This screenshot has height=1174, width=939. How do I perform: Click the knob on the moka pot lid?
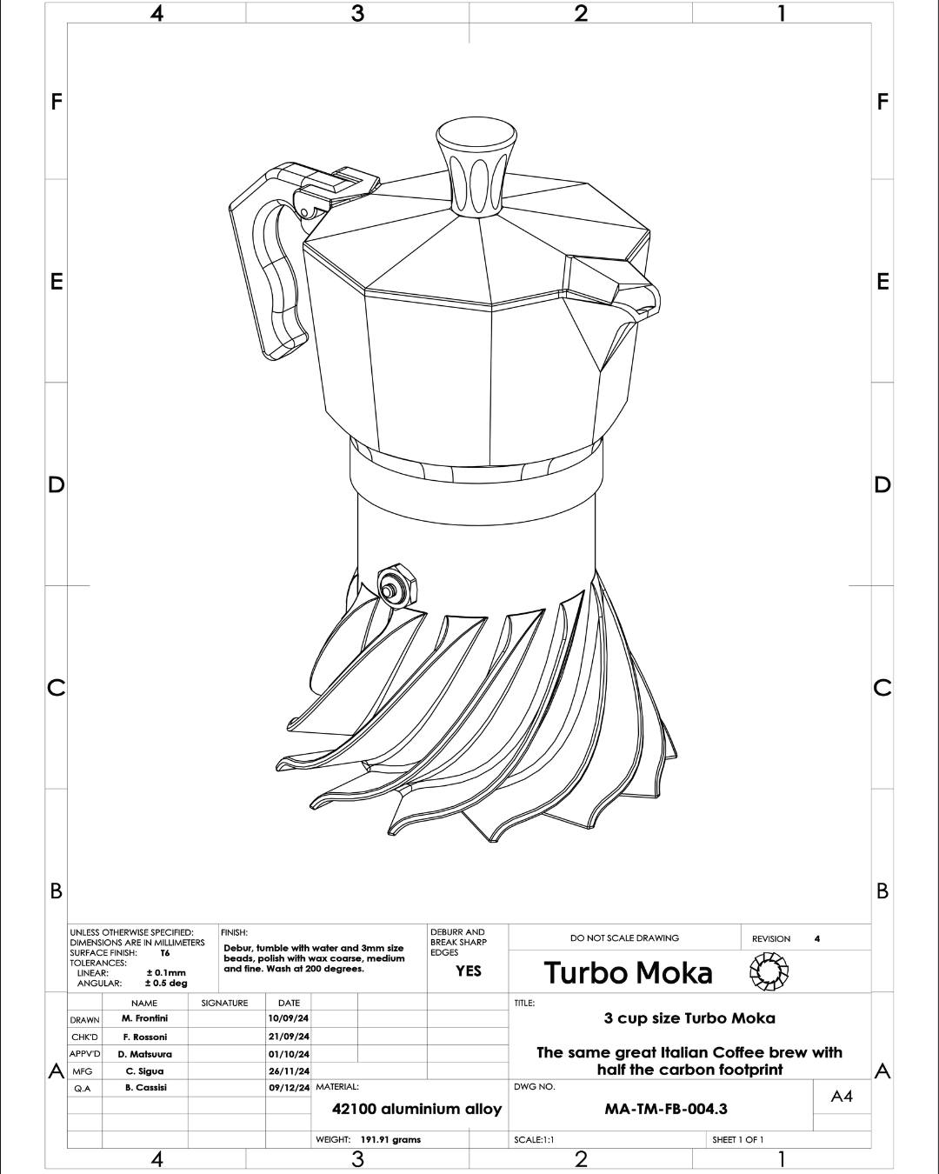(x=476, y=166)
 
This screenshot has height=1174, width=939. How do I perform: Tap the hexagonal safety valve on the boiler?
(x=396, y=586)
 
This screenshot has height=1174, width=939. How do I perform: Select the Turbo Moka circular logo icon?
(x=769, y=971)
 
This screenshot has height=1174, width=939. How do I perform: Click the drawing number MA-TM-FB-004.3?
(x=666, y=1109)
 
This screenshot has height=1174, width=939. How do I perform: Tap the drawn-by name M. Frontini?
(x=144, y=1018)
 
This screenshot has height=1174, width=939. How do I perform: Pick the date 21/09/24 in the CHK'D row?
(x=289, y=1036)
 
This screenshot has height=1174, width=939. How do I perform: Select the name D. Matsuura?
(x=144, y=1054)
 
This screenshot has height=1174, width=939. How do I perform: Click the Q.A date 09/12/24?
(x=289, y=1087)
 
